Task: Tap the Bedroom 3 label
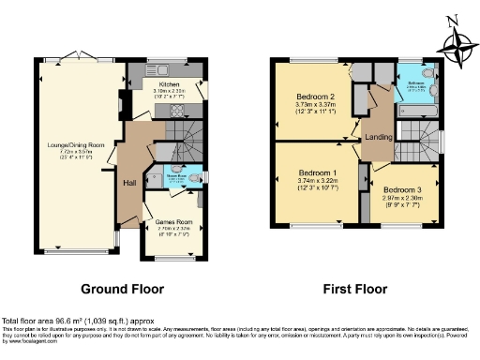407,190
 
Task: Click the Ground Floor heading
122,289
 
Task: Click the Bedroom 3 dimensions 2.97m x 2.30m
407,200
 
